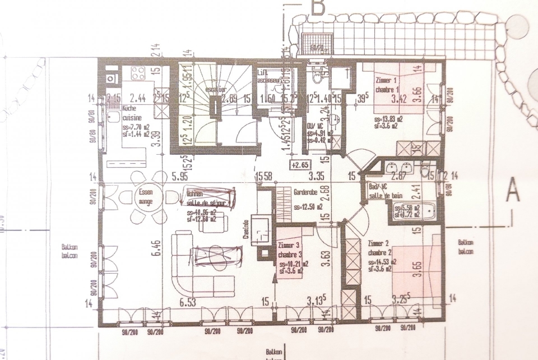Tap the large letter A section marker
point(512,190)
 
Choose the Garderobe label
point(305,192)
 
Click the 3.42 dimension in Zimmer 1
point(399,101)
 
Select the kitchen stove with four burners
point(138,73)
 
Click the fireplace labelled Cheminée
point(259,231)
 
